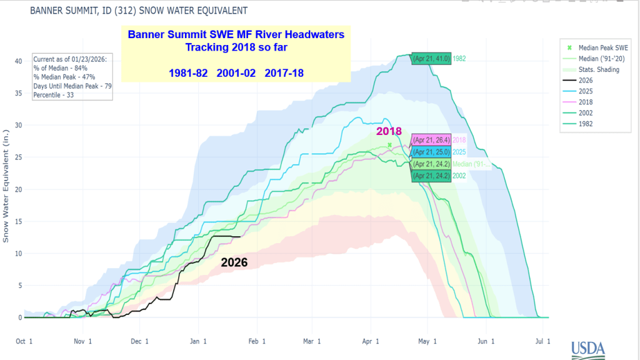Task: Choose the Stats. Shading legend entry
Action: [x=594, y=69]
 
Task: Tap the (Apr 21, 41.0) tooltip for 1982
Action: [x=431, y=59]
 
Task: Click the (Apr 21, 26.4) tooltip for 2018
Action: [x=431, y=140]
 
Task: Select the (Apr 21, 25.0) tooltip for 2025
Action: [x=431, y=152]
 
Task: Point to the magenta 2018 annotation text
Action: [x=388, y=132]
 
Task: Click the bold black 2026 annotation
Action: [x=234, y=263]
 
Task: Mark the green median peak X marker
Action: [x=389, y=145]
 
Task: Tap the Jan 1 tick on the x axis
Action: [x=198, y=341]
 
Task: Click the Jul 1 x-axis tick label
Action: [x=543, y=341]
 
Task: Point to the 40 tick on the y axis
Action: [x=18, y=61]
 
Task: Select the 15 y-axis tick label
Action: [x=18, y=221]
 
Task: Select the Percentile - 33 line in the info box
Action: [x=61, y=95]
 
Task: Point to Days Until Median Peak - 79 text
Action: [x=74, y=86]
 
